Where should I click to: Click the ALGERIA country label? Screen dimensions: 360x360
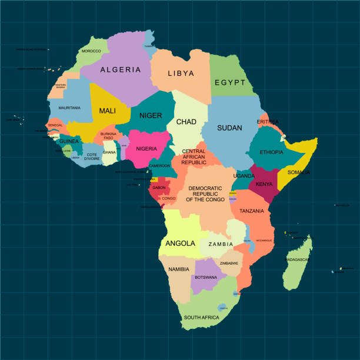point(121,69)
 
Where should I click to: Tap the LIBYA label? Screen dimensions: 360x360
point(181,74)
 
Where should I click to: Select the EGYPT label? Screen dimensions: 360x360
point(229,83)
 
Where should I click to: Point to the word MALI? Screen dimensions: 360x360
point(107,111)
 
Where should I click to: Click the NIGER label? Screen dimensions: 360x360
point(151,115)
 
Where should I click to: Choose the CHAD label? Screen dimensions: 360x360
point(186,122)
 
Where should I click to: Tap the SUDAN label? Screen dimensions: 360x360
point(229,128)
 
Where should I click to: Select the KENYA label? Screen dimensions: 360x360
point(264,184)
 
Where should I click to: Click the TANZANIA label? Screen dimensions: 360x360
point(251,211)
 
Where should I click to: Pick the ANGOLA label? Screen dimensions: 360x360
point(181,243)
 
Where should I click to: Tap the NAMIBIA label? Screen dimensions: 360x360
point(178,269)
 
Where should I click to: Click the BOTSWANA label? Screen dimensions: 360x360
point(206,277)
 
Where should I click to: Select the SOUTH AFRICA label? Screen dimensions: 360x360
point(201,317)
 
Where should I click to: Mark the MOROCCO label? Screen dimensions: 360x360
point(91,51)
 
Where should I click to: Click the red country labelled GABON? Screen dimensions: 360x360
point(159,188)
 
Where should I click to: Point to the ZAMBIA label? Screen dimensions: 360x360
point(221,244)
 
